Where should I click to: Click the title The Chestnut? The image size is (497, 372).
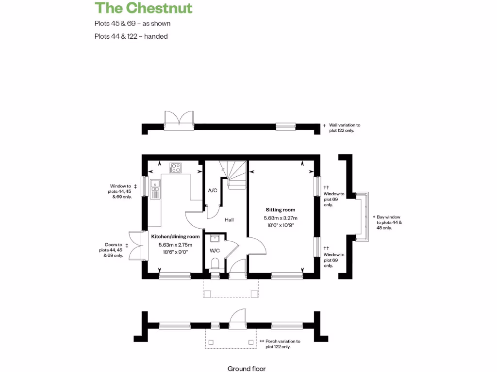pos(144,8)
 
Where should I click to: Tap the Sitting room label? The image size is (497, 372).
pos(280,210)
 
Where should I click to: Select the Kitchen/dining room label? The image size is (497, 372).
pos(175,236)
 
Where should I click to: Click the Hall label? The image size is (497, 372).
pos(229,220)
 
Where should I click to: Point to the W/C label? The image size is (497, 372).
pos(215,251)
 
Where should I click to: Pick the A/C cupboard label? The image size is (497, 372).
pos(212,190)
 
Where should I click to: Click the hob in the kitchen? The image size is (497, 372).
pos(175,168)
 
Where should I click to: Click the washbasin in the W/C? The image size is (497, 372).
pos(215,238)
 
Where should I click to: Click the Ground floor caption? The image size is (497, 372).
pos(247,369)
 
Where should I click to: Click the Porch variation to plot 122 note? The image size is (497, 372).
pos(283,344)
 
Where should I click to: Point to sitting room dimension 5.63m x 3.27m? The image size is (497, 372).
pos(280,218)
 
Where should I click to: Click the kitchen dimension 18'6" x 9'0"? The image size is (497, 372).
pos(175,252)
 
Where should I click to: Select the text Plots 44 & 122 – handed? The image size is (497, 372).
pos(131,36)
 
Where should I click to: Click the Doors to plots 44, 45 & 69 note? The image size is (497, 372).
pos(111,250)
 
